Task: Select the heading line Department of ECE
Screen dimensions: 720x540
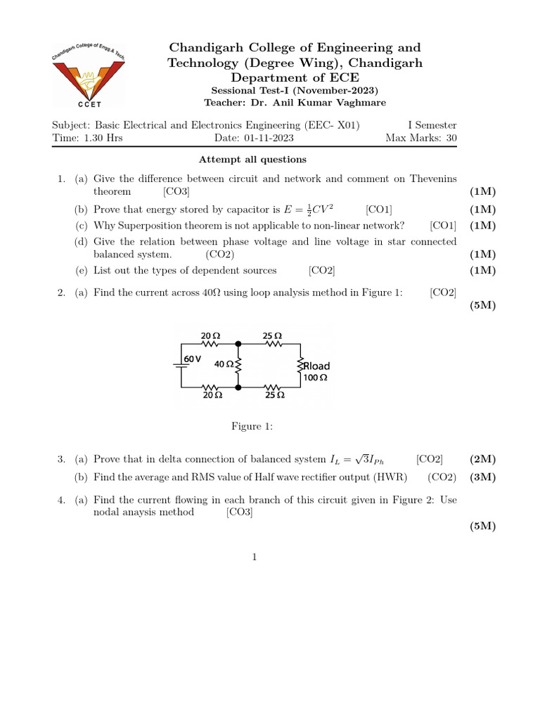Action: tap(295, 78)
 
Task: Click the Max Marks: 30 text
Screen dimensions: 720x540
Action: tap(420, 138)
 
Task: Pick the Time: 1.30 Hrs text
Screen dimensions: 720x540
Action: tap(87, 138)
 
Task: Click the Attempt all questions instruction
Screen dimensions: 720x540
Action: tap(252, 160)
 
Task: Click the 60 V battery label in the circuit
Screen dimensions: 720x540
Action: tap(193, 359)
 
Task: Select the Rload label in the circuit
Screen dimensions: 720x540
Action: tap(316, 366)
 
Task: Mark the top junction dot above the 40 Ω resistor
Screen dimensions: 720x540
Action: tap(238, 345)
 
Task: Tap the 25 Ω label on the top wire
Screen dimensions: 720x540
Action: tap(273, 336)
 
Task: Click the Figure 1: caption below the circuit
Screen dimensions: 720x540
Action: tap(252, 427)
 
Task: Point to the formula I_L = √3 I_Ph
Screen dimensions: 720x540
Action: tap(359, 460)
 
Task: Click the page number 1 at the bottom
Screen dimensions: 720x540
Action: tap(255, 558)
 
